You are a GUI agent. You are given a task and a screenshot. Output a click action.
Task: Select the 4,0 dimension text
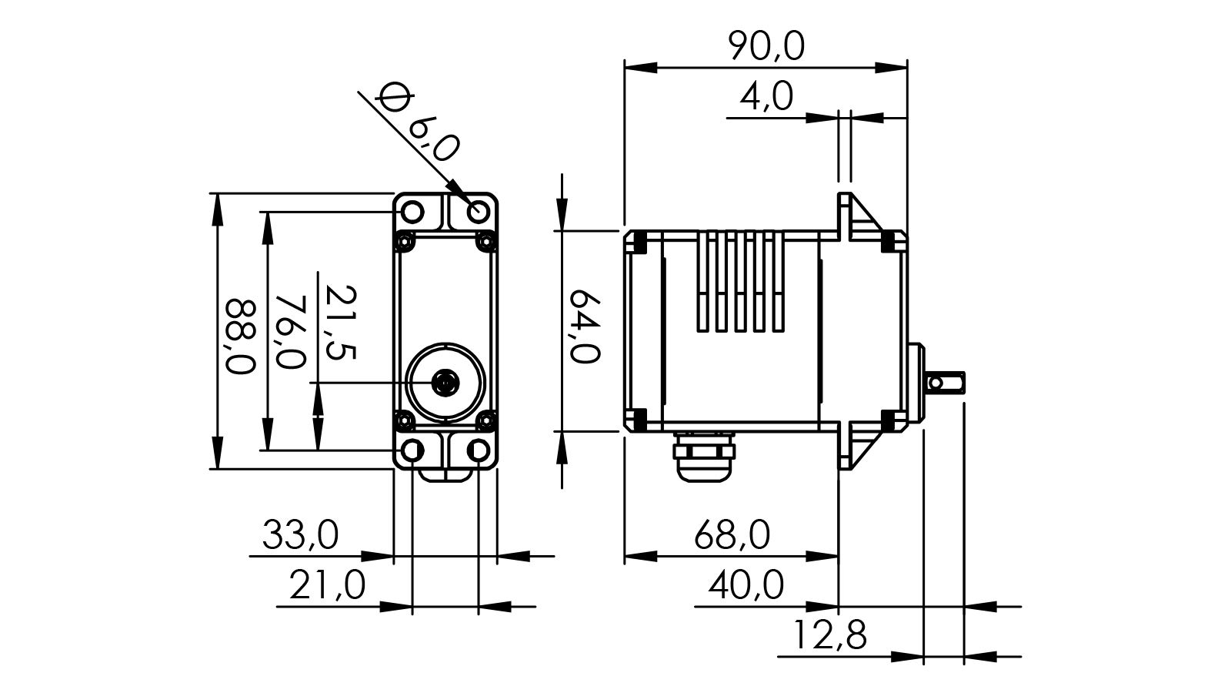click(766, 99)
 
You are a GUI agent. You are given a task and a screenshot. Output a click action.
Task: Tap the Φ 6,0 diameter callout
click(419, 123)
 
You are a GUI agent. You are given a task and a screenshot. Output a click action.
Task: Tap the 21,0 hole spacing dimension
click(327, 586)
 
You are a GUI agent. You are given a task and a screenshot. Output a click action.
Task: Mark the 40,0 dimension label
click(746, 586)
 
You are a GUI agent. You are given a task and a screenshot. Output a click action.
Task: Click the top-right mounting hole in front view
click(480, 210)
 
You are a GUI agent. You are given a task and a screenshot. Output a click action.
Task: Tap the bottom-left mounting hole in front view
click(413, 450)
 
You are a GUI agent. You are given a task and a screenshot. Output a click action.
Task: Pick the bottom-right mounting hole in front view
click(480, 450)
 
